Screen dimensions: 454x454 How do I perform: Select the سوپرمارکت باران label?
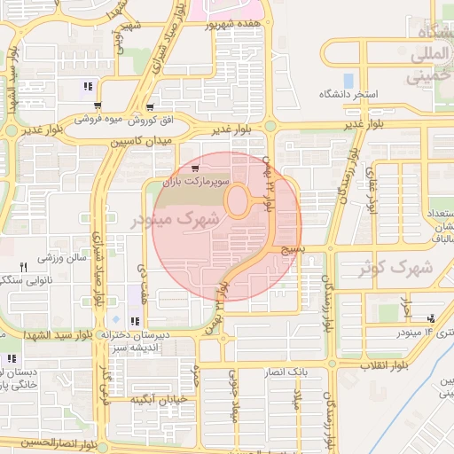pos(195,181)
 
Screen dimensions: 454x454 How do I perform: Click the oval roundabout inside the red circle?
pos(237,200)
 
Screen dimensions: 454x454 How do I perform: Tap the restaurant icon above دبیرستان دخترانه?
pos(134,321)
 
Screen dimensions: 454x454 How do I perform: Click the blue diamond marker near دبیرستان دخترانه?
pos(114,319)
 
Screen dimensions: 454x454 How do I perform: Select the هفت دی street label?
pos(143,278)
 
